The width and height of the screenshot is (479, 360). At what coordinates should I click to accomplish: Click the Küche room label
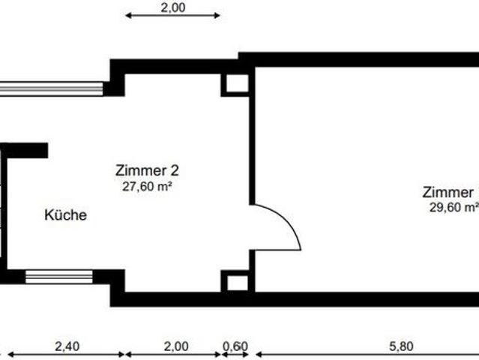pos(66,215)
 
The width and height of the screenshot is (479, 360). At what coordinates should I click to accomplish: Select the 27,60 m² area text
pos(148,187)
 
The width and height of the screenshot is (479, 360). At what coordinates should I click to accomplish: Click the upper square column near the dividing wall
pos(237,84)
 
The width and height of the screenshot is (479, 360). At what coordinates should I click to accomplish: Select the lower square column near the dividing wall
pos(237,282)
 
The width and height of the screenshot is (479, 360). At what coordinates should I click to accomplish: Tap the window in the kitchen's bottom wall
pos(59,277)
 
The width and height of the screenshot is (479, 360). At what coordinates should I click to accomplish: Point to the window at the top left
pos(51,88)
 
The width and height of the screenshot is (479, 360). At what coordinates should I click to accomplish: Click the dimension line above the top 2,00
pos(172,15)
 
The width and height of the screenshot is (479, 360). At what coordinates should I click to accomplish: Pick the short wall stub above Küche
pos(27,151)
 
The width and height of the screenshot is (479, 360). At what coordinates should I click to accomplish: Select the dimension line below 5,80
pos(367,354)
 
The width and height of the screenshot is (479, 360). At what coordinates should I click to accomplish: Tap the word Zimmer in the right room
pos(448,191)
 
